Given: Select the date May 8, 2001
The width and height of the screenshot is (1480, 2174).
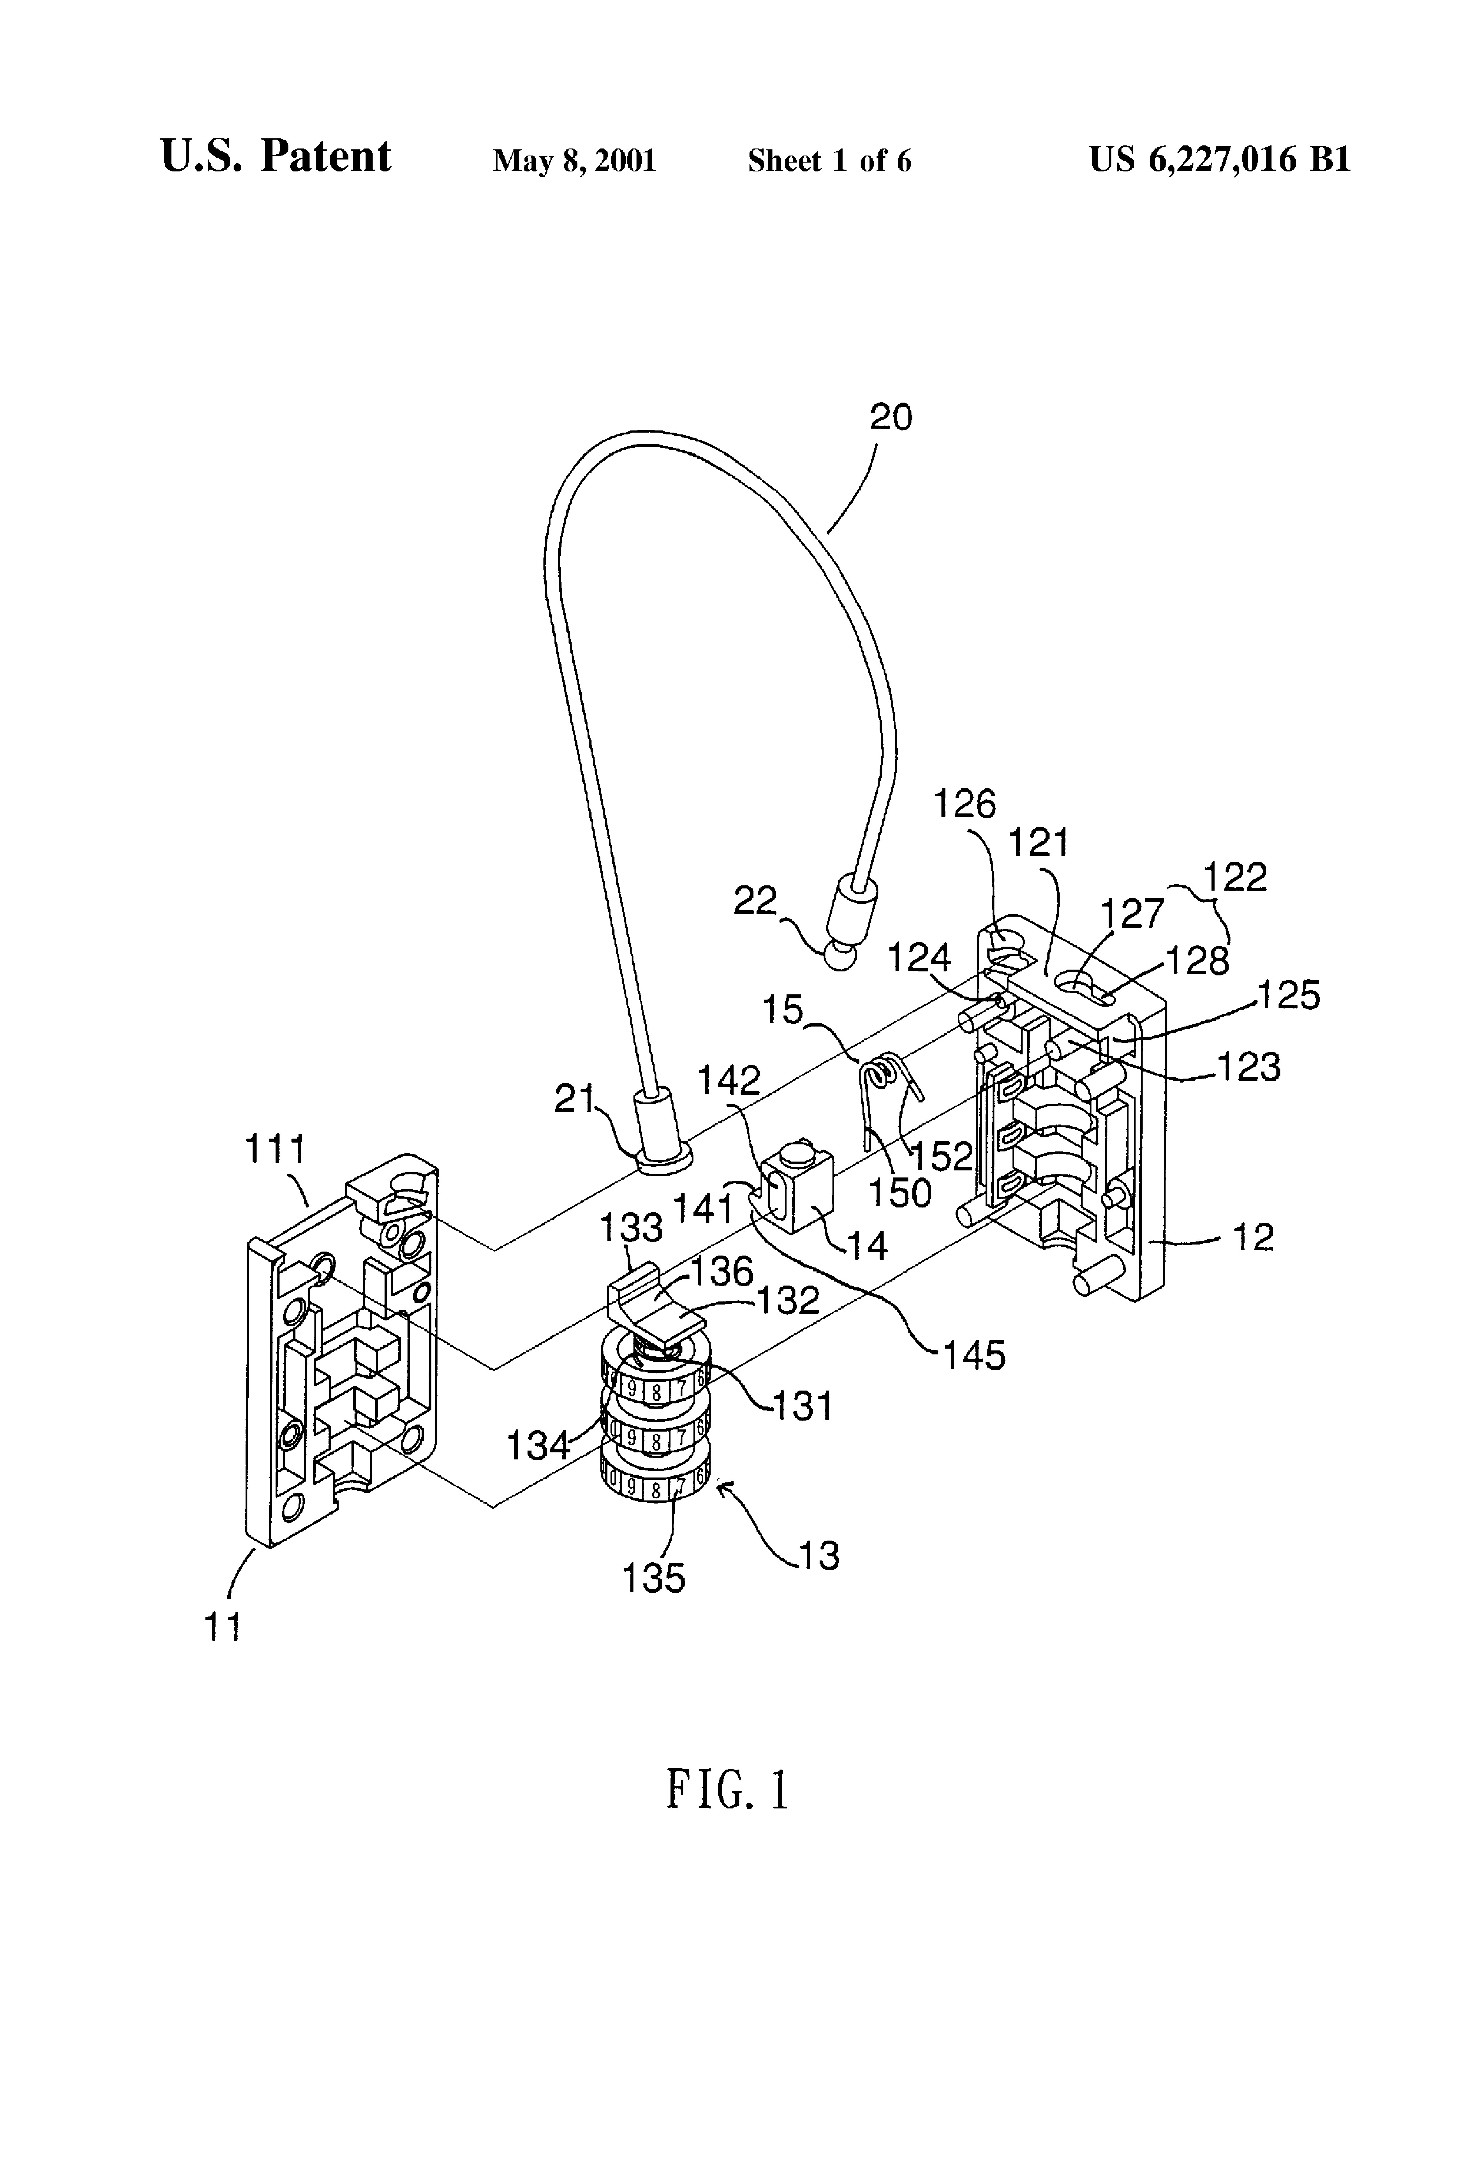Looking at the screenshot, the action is [x=574, y=161].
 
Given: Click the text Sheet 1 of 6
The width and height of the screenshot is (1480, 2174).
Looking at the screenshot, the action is [x=829, y=161].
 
